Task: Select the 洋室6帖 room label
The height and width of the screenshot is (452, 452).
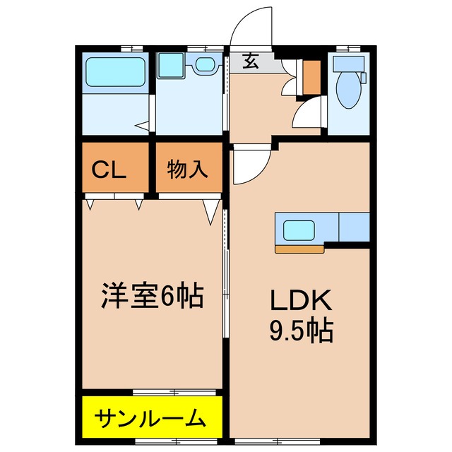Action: click(151, 296)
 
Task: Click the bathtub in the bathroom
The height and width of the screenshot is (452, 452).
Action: click(114, 73)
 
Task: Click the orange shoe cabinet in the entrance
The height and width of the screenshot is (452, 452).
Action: click(311, 78)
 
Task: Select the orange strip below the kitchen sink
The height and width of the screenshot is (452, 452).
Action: click(299, 249)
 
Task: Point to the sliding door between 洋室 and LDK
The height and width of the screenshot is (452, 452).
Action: click(225, 282)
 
